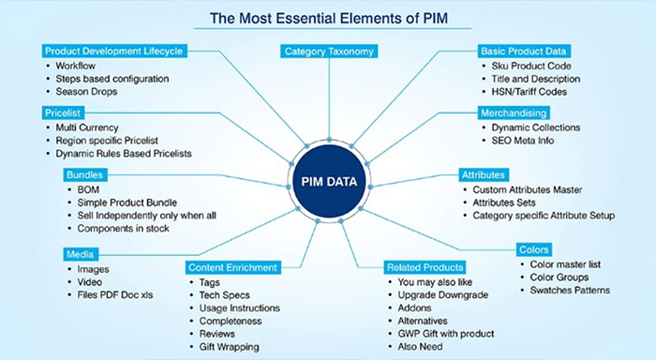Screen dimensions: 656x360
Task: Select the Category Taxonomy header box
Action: point(328,52)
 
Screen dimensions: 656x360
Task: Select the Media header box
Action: point(80,253)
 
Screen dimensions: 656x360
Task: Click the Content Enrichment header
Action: point(231,266)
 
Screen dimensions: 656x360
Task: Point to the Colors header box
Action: point(535,249)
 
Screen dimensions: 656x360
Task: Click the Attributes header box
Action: point(484,174)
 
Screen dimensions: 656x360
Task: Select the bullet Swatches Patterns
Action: point(571,291)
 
